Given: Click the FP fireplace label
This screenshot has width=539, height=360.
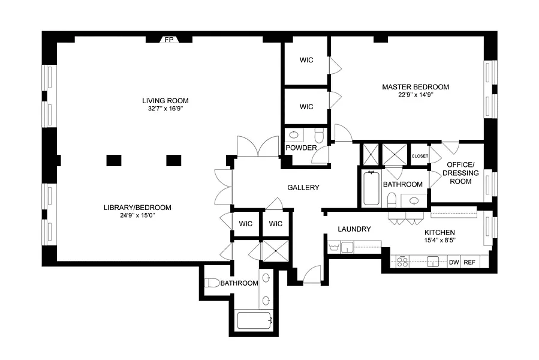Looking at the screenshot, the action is click(x=169, y=40).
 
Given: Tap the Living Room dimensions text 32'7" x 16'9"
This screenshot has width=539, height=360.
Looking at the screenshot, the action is click(x=165, y=109).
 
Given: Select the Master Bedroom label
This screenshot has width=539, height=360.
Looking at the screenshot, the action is click(x=415, y=87).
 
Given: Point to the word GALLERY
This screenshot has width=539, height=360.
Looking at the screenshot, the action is click(x=303, y=187).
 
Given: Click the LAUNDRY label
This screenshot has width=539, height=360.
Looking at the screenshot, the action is click(x=354, y=229).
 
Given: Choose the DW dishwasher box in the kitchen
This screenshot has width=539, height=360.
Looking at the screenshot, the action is click(x=454, y=262).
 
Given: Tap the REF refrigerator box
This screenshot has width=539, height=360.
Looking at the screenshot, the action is click(x=469, y=262).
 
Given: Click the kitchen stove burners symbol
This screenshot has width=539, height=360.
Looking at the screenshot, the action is click(x=402, y=262).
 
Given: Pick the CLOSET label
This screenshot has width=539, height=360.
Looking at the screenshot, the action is click(x=420, y=156).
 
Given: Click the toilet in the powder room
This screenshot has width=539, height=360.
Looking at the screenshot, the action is click(x=320, y=135).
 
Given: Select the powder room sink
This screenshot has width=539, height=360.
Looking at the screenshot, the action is click(x=294, y=134).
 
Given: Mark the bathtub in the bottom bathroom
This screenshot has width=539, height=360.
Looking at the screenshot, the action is click(x=255, y=320).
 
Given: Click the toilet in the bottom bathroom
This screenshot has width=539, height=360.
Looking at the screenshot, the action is click(x=212, y=283).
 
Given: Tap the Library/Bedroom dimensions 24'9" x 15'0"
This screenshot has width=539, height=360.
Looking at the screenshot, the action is click(x=137, y=215).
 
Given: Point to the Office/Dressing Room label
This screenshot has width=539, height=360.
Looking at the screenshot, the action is click(x=460, y=173).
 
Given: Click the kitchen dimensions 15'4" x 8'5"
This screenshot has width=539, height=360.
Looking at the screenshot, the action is click(x=439, y=240).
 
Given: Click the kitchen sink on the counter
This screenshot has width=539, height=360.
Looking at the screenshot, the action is click(x=433, y=262).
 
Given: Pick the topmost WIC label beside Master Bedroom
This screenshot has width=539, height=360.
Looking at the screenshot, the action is click(x=306, y=60).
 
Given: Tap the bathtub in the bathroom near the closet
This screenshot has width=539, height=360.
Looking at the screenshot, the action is click(x=371, y=188).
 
